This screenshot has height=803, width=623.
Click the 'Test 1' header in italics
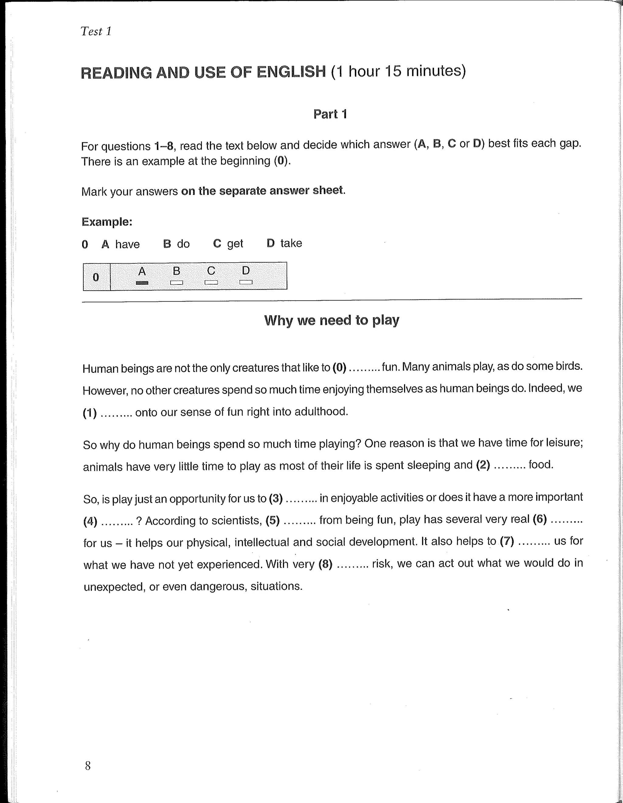point(96,31)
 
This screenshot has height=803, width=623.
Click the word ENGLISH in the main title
point(291,72)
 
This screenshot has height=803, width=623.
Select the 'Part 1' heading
point(330,114)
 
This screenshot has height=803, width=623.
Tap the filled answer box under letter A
point(142,283)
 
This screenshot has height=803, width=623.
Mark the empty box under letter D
point(246,282)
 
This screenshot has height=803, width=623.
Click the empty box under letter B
point(176,282)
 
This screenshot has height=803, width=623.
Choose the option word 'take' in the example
point(291,243)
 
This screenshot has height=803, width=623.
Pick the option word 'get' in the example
point(235,244)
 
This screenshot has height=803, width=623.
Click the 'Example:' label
point(107,222)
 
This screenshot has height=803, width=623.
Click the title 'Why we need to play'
point(331,320)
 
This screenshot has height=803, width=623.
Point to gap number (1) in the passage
point(90,413)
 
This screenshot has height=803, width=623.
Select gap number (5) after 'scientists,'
point(273,520)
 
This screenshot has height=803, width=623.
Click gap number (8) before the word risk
point(325,564)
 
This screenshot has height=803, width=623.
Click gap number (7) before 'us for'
point(507,541)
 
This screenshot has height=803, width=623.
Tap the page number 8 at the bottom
point(88,766)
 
